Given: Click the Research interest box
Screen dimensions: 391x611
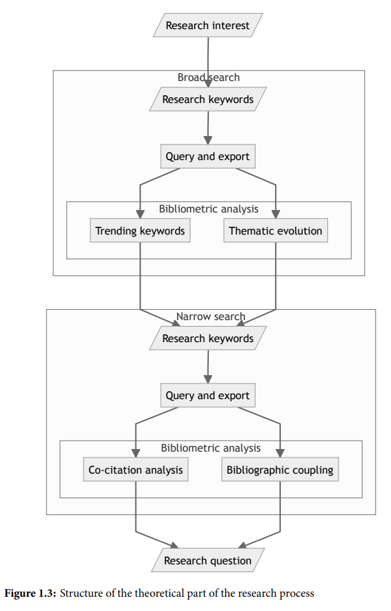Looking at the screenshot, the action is point(207,25).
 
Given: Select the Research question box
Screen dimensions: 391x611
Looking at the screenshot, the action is point(207,560).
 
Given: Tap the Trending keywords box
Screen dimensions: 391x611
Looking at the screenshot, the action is point(140,231).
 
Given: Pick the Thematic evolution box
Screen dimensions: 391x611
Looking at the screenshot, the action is point(276,231).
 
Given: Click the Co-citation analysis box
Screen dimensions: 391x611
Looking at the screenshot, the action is point(136,470).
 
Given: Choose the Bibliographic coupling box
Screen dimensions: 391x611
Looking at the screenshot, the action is point(280,470).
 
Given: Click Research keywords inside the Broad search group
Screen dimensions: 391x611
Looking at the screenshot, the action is point(207,99).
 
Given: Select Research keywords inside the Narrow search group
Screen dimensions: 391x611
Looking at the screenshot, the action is point(207,338).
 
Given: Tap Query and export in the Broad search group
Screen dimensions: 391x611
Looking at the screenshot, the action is point(207,156).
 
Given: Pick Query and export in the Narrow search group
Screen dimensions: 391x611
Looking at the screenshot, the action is point(207,395).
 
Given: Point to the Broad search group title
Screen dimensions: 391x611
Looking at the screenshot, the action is point(209,77).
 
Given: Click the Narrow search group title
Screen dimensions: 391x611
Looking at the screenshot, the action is point(211,316).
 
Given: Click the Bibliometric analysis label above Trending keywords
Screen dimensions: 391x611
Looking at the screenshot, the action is point(209,209).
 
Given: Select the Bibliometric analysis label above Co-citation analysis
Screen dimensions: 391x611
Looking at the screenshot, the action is point(211,448).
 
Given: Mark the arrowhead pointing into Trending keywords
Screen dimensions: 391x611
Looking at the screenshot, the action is point(140,214).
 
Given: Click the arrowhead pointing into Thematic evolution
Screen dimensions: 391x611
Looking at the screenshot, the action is point(276,214).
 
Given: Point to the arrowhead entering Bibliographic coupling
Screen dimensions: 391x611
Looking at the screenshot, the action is point(280,453).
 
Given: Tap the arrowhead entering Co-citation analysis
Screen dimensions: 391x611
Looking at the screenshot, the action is point(136,453).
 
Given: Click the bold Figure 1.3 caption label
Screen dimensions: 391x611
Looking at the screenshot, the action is point(30,594).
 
